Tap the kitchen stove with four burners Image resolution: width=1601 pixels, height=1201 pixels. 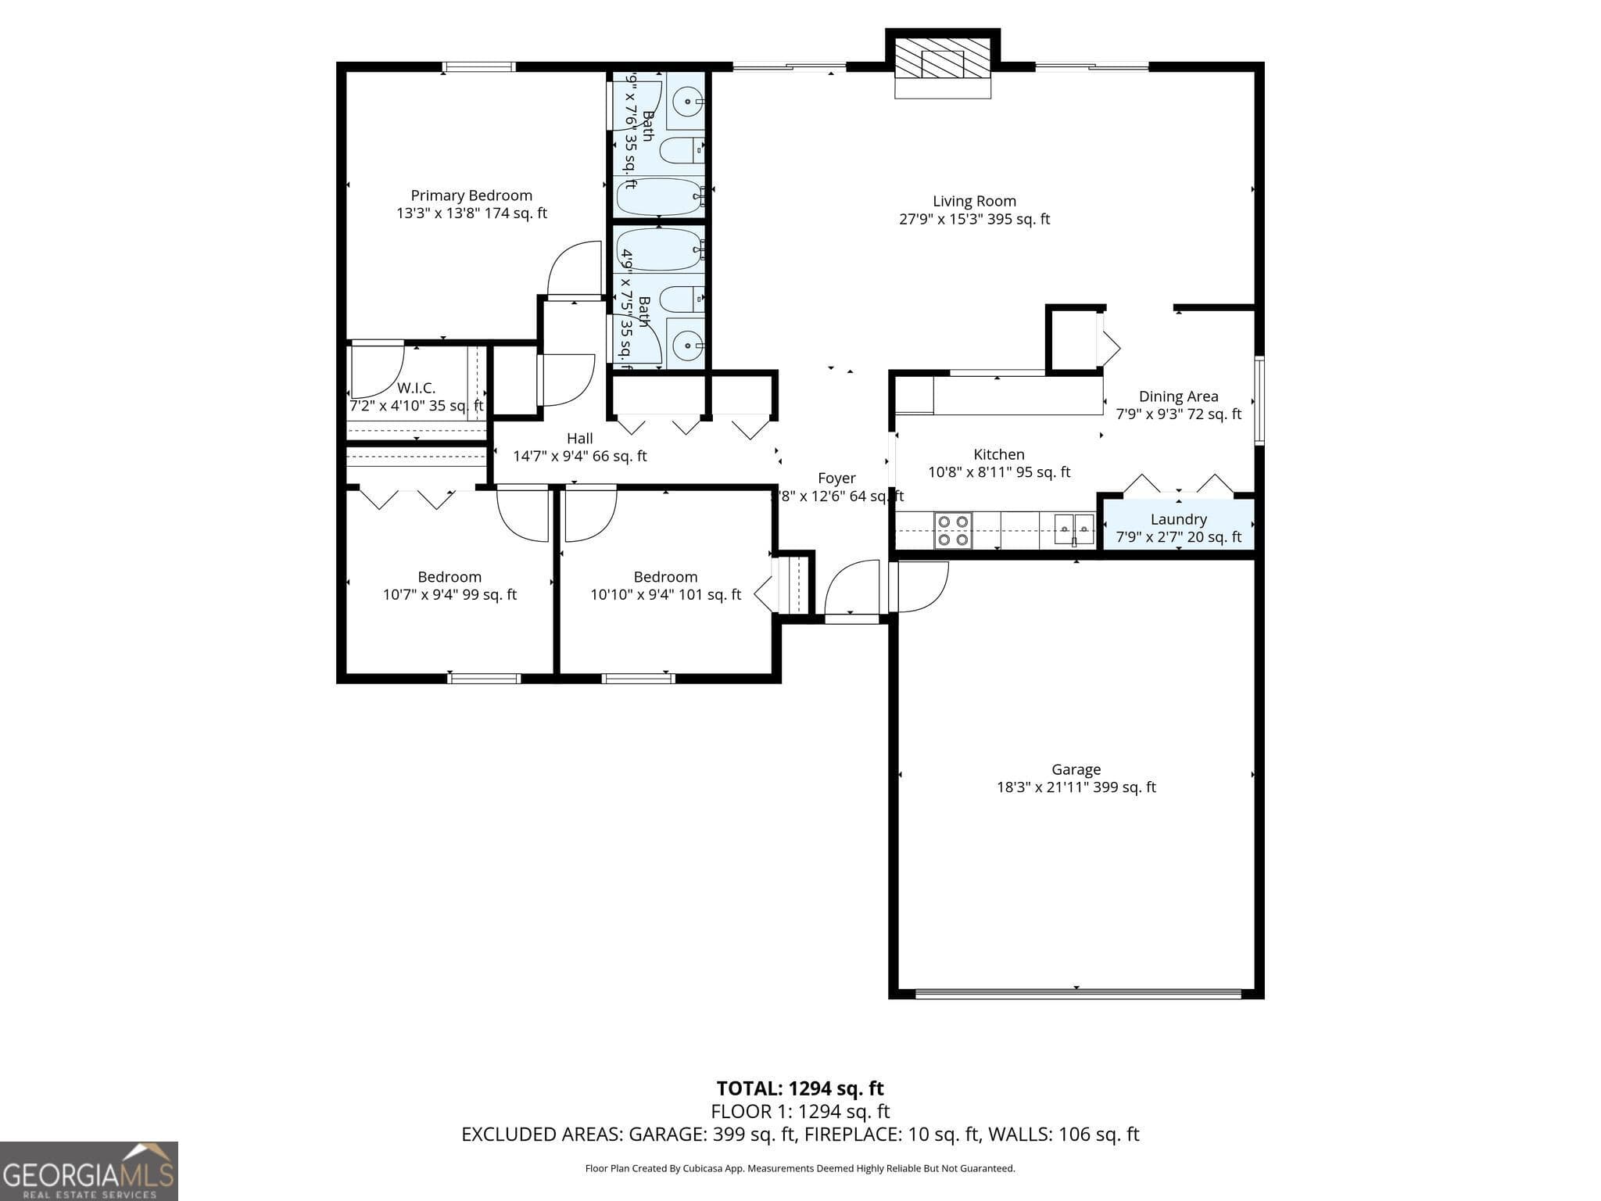pyautogui.click(x=953, y=530)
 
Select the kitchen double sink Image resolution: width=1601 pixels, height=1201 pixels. pyautogui.click(x=1074, y=529)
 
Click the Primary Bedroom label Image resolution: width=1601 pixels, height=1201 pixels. pyautogui.click(x=471, y=195)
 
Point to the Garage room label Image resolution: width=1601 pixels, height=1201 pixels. pyautogui.click(x=1076, y=769)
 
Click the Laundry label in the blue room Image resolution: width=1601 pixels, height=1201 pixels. pyautogui.click(x=1178, y=519)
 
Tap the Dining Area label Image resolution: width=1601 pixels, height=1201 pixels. pyautogui.click(x=1178, y=396)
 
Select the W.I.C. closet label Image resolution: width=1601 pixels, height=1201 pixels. pyautogui.click(x=416, y=388)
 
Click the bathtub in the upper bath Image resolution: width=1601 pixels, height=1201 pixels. pyautogui.click(x=661, y=197)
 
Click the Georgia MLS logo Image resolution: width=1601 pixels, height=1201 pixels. pyautogui.click(x=88, y=1171)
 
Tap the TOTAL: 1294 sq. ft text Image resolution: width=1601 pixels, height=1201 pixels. pyautogui.click(x=800, y=1088)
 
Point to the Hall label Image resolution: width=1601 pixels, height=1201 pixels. pyautogui.click(x=579, y=439)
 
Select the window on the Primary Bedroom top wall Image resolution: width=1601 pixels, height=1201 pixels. pyautogui.click(x=478, y=67)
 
